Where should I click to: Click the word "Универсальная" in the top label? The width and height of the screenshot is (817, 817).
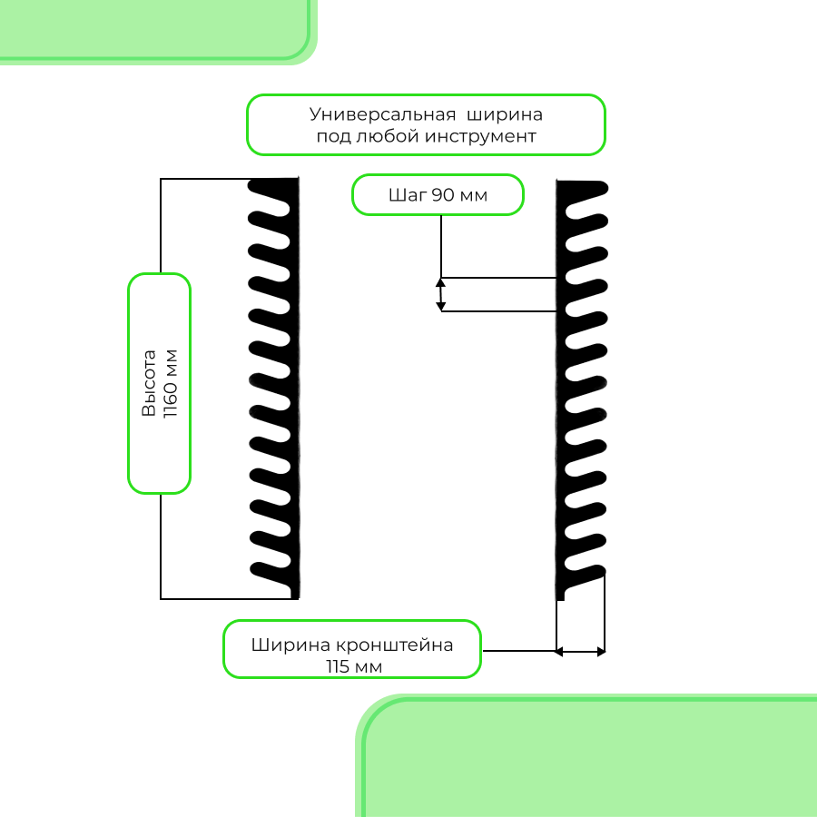381,115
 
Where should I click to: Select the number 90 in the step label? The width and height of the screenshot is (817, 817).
443,195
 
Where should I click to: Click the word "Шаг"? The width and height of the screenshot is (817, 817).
407,195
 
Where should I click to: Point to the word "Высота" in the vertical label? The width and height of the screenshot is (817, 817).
149,383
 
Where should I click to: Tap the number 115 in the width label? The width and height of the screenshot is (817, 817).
340,666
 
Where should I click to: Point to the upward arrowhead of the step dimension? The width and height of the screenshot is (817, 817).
441,282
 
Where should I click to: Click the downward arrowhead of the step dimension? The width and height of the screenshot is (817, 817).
441,306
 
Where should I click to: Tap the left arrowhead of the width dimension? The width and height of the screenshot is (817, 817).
559,651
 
